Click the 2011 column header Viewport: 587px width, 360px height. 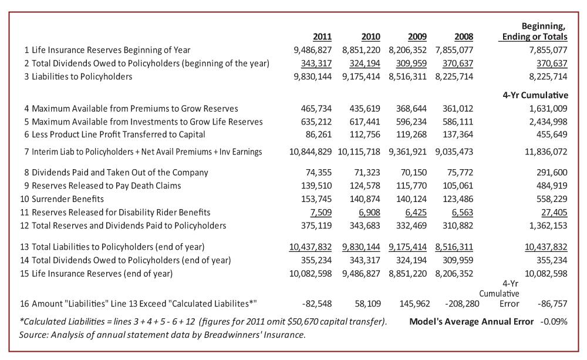point(322,37)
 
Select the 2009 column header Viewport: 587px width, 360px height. point(417,37)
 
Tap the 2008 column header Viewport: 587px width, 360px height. point(464,37)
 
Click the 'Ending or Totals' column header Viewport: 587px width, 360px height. point(535,37)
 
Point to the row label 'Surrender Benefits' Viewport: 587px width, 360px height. point(68,199)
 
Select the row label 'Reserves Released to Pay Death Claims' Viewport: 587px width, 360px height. point(106,186)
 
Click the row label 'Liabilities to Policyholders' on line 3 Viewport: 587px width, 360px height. point(82,77)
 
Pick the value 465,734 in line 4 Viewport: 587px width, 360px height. point(316,109)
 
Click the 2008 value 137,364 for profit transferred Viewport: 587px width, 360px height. point(458,134)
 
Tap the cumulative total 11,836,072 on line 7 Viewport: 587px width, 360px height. point(546,152)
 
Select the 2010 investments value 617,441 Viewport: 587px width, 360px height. point(365,122)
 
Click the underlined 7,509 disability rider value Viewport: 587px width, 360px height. point(321,213)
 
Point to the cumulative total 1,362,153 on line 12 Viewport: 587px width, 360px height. point(548,226)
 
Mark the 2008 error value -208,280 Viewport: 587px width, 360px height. point(462,304)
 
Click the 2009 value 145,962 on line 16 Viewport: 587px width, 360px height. point(415,304)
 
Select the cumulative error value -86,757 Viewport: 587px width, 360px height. point(552,304)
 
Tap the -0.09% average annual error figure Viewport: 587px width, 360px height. point(554,322)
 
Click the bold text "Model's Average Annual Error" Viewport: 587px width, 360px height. point(471,322)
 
